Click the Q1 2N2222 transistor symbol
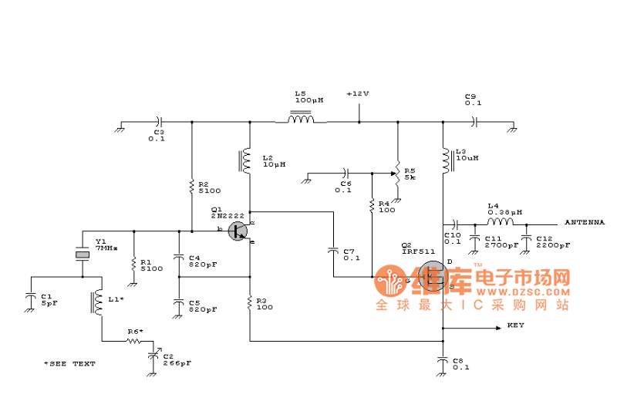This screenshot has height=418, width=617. click(241, 231)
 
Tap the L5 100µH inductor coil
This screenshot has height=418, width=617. click(301, 120)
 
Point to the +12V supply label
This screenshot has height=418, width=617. click(357, 93)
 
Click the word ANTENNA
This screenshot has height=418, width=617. click(585, 221)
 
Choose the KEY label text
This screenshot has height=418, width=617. click(516, 325)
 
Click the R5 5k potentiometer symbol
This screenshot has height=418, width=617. click(398, 172)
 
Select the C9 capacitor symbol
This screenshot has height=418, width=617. click(474, 121)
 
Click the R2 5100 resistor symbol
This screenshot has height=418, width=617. click(191, 187)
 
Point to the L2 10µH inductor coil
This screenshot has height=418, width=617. click(248, 160)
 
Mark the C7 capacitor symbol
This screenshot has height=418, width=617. click(333, 249)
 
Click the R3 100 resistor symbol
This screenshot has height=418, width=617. click(249, 303)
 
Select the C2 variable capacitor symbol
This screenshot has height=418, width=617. click(151, 354)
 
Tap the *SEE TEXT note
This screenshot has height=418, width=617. click(69, 363)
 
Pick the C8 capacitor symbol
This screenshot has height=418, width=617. click(443, 359)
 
